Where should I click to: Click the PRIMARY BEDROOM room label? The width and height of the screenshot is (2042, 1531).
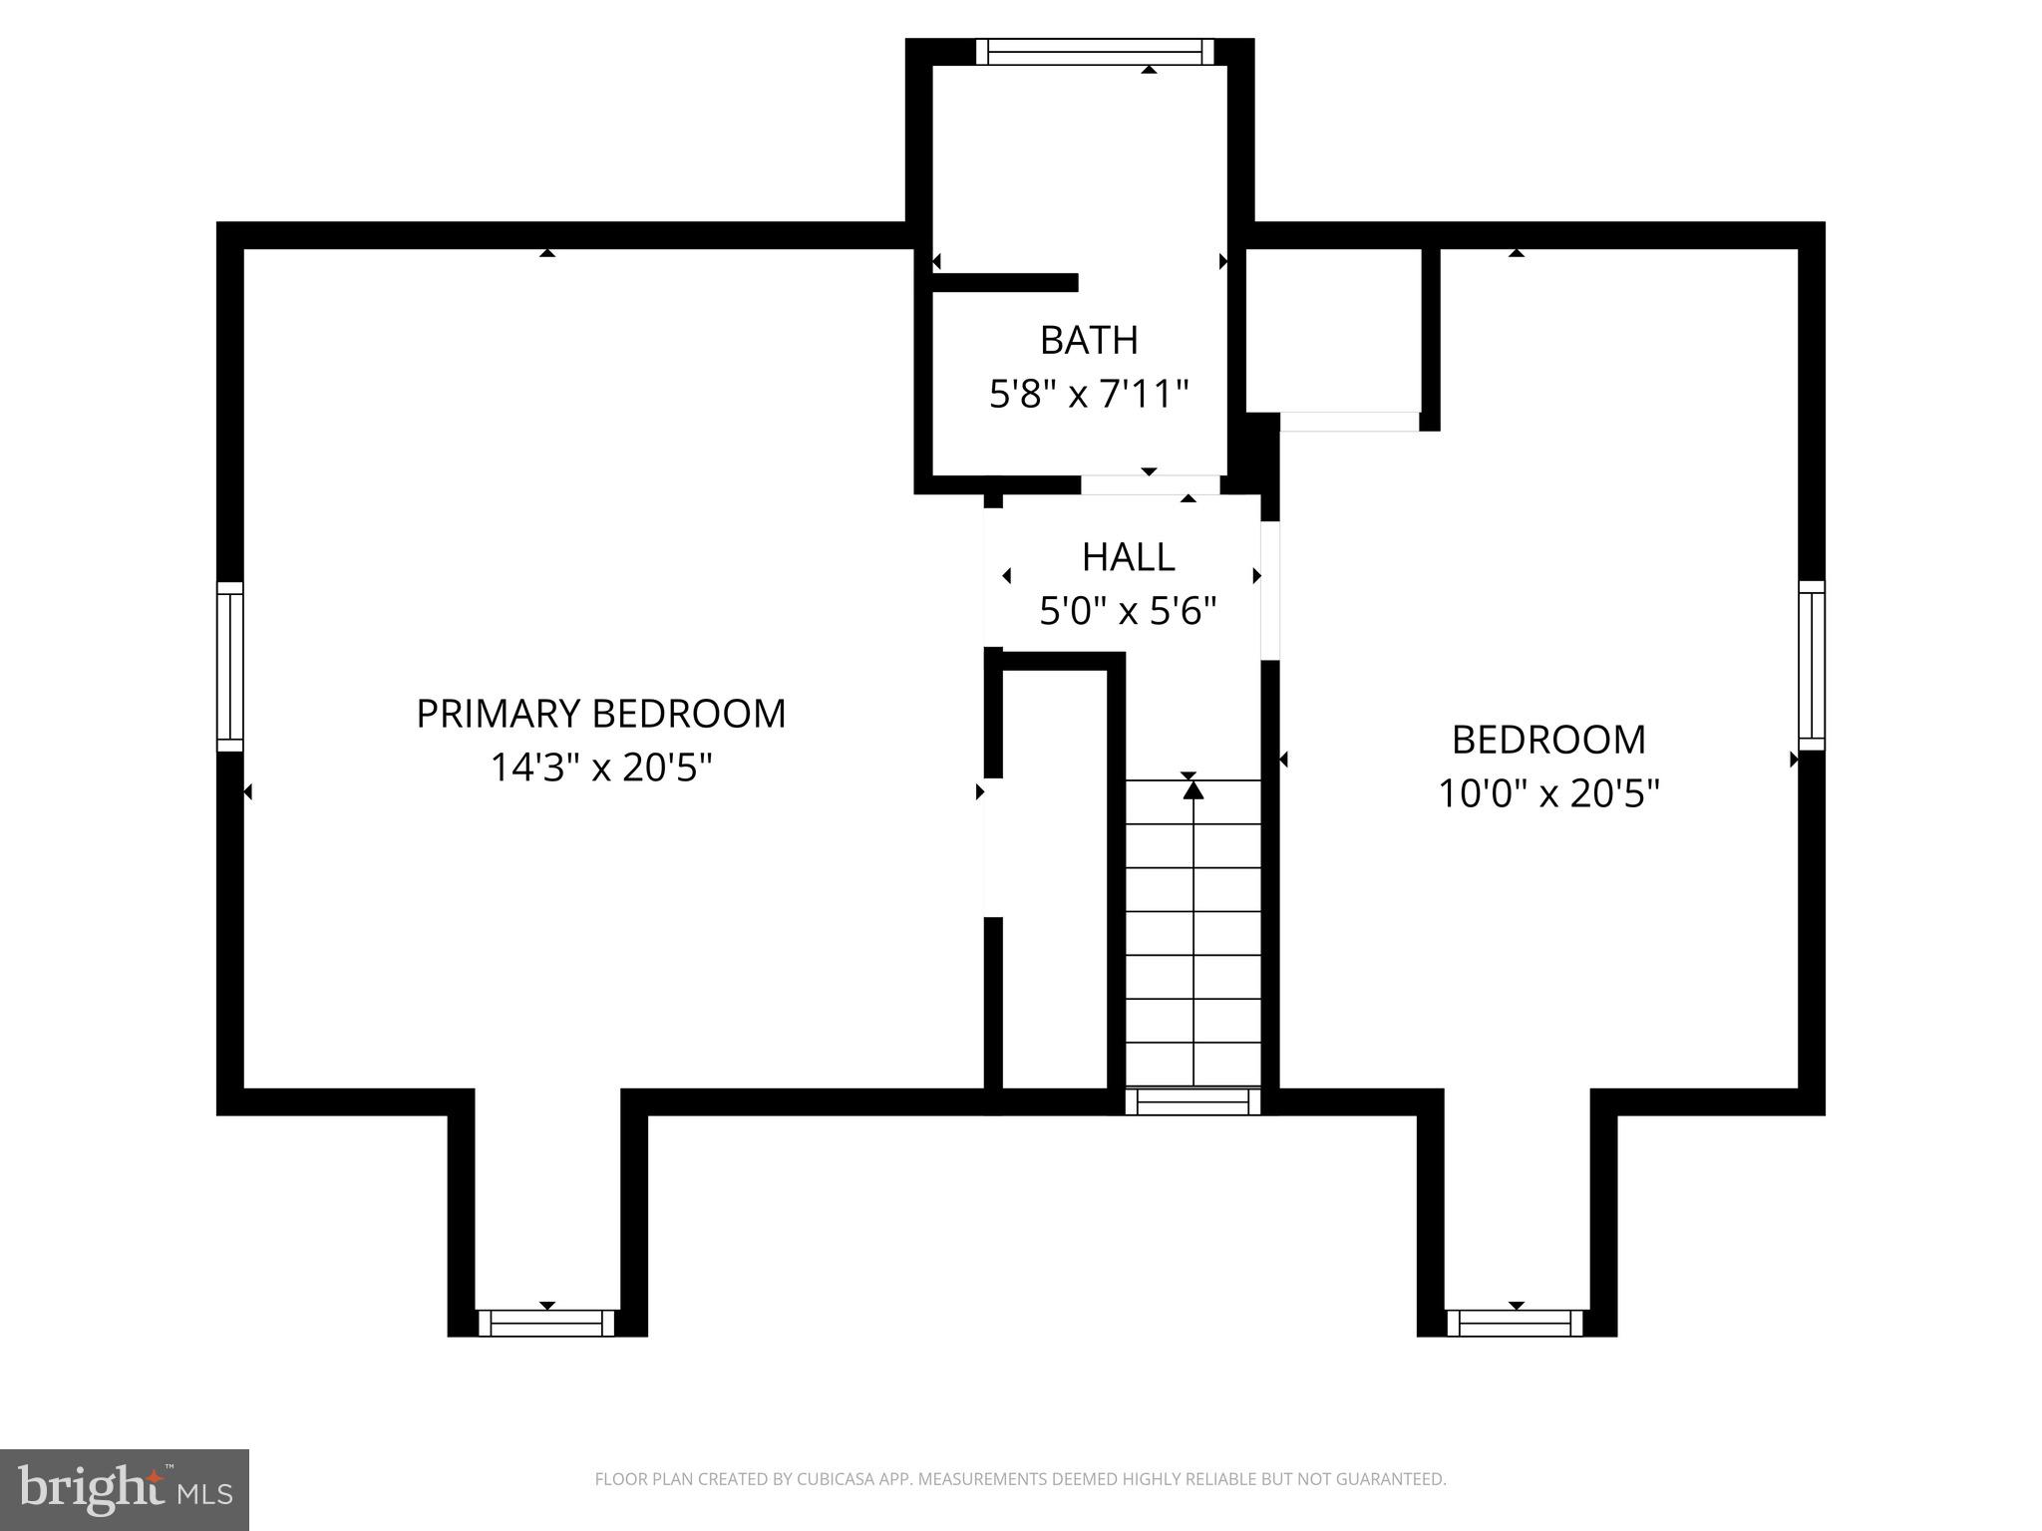point(600,714)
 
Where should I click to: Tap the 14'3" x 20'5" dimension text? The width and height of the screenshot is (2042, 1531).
point(600,768)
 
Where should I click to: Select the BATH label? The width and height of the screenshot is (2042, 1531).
point(1089,341)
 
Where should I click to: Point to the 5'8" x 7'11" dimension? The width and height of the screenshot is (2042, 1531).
point(1089,395)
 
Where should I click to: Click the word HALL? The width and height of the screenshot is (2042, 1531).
point(1128,557)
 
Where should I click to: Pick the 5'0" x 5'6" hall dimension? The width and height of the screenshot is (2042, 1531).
point(1128,611)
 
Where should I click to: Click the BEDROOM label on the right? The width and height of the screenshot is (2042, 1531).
point(1547,740)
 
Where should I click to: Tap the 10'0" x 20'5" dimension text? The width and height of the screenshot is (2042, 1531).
point(1547,794)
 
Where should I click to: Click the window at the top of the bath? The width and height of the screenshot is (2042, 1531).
point(1094,52)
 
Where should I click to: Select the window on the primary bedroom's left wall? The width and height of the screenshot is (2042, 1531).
point(230,666)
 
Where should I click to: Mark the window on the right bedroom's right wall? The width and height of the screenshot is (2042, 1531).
point(1812,666)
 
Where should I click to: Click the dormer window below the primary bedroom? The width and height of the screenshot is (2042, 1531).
point(546,1323)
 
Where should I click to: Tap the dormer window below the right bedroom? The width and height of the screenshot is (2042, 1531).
point(1516,1323)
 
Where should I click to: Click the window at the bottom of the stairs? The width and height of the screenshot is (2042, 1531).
point(1192,1101)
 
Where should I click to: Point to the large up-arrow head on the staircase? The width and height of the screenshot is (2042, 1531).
point(1193,790)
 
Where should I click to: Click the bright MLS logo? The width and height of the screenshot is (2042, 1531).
point(124,1489)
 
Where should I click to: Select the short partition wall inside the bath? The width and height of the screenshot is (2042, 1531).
point(1005,283)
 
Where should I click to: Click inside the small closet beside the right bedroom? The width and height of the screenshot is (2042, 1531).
point(1332,329)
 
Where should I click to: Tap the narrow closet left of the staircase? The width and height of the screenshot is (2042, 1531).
point(1055,877)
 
